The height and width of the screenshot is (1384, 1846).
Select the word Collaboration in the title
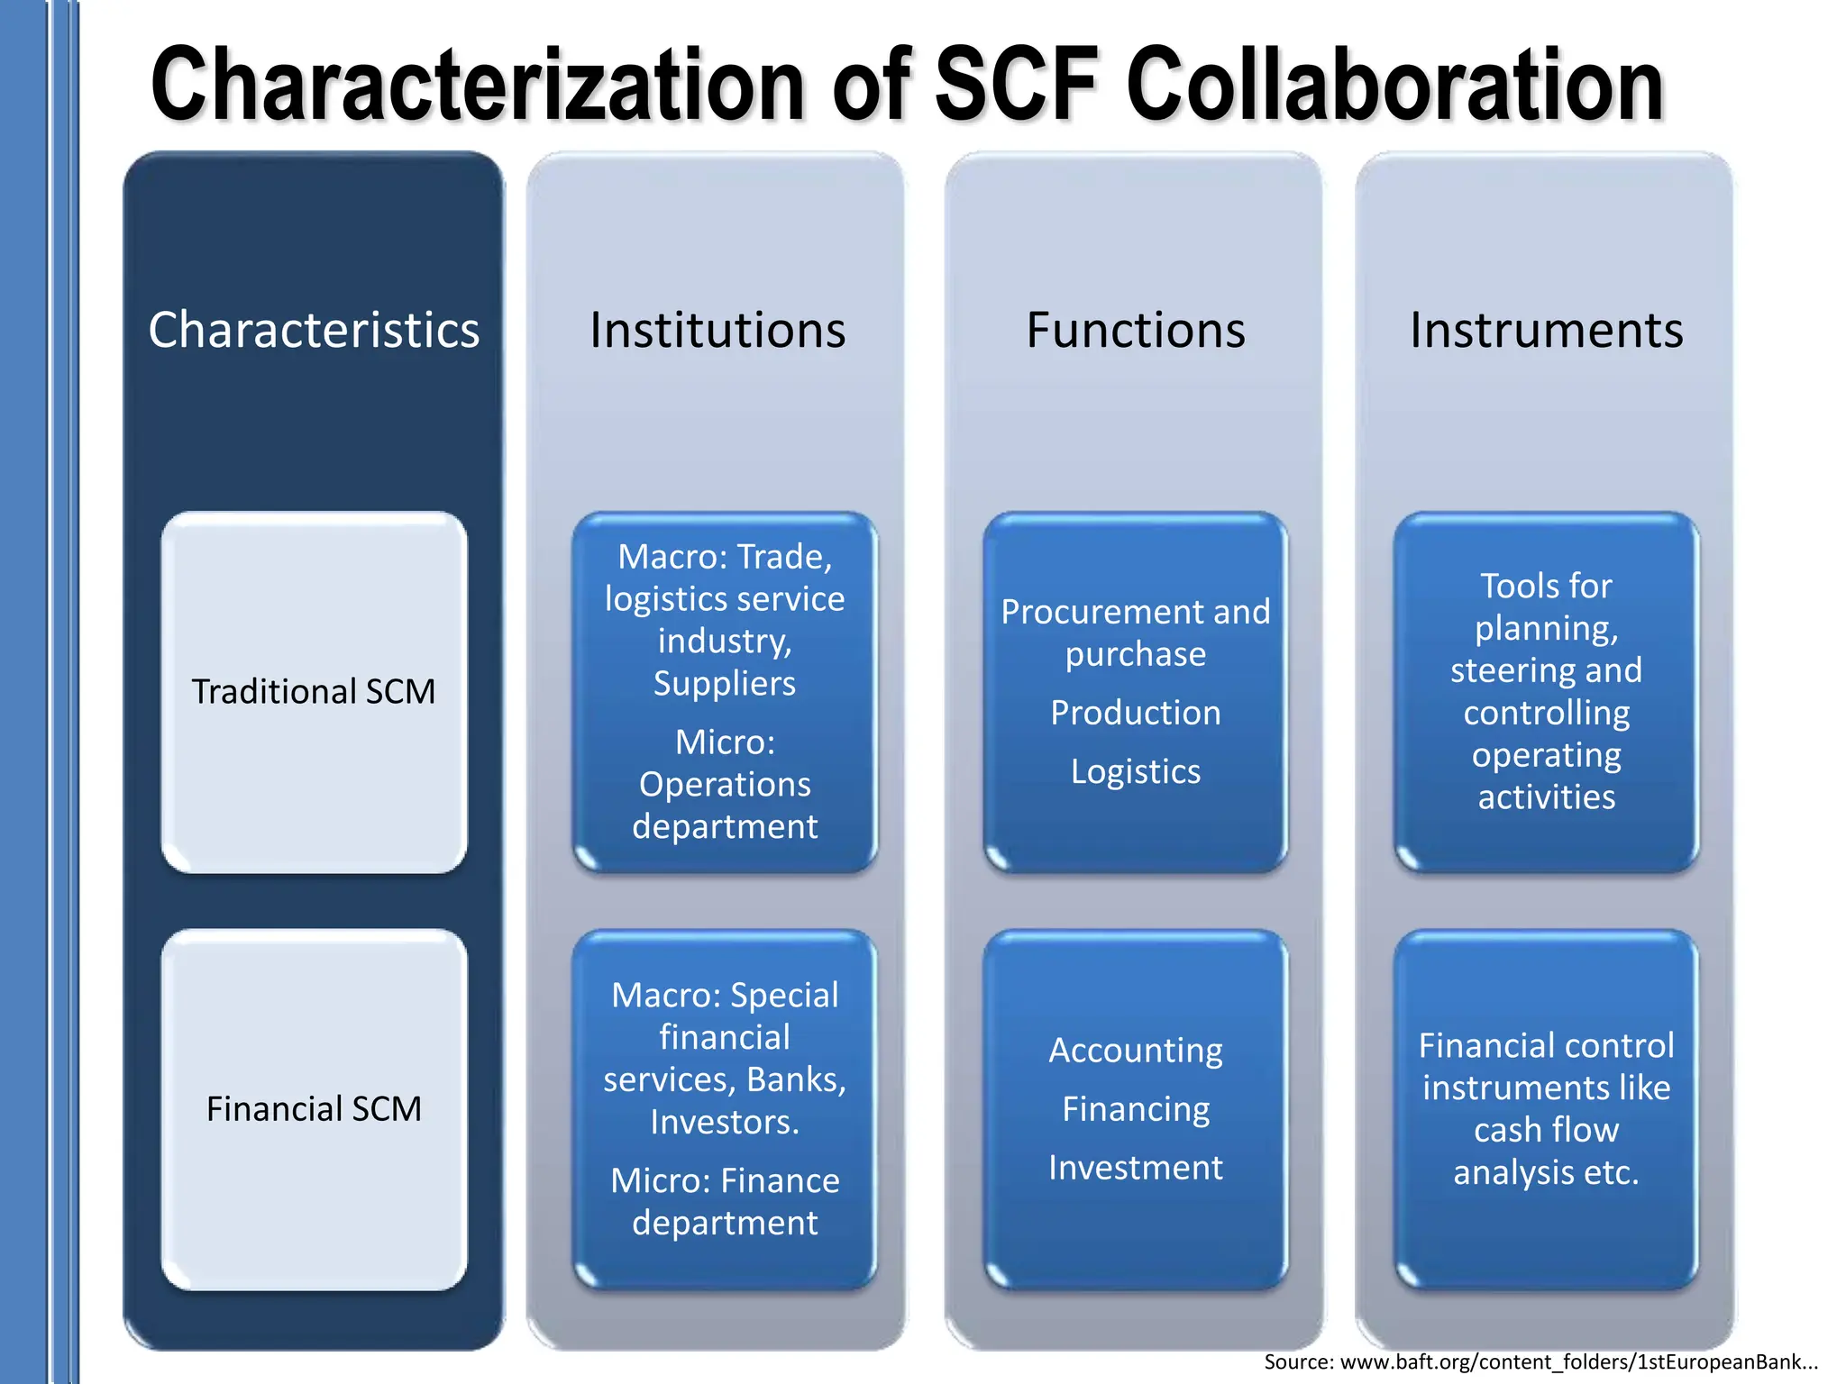(1394, 86)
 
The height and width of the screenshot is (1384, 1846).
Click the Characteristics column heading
(314, 330)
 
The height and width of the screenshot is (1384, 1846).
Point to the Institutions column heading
(717, 330)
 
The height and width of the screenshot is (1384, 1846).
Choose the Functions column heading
(1135, 330)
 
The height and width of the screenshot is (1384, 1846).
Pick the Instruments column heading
(1546, 330)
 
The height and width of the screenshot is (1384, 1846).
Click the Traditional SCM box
(314, 692)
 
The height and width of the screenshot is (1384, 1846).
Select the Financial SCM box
(314, 1109)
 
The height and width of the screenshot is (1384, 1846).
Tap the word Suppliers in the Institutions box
(725, 684)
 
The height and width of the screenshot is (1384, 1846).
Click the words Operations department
(725, 806)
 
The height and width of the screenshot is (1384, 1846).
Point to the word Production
(1135, 713)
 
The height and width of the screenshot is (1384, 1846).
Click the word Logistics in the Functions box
(1135, 771)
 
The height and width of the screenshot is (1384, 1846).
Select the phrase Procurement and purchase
(1135, 633)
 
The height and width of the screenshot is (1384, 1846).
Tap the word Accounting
(1135, 1051)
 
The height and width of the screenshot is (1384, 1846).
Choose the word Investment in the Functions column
(1135, 1168)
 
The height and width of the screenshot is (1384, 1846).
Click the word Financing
(1135, 1109)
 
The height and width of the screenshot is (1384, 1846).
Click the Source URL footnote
(1540, 1361)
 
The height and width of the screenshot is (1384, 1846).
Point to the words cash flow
(1546, 1130)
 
